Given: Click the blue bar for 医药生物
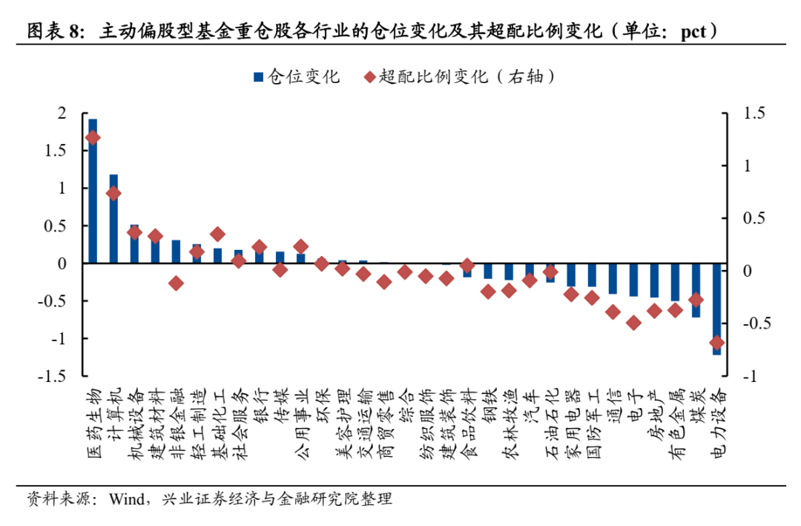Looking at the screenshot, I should [x=93, y=191].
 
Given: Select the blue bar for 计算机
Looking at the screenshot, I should [x=113, y=219].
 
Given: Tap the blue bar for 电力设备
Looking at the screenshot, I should [x=716, y=309].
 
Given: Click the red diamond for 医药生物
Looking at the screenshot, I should [x=93, y=137].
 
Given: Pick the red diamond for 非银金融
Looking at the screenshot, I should [x=176, y=283].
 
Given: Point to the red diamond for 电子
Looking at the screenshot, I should [x=633, y=323].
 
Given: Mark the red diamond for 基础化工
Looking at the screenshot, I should [x=217, y=234].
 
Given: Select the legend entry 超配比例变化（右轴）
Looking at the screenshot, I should [x=460, y=76].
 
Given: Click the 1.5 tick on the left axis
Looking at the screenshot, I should [x=56, y=151].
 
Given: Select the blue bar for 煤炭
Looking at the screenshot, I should [x=696, y=290].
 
